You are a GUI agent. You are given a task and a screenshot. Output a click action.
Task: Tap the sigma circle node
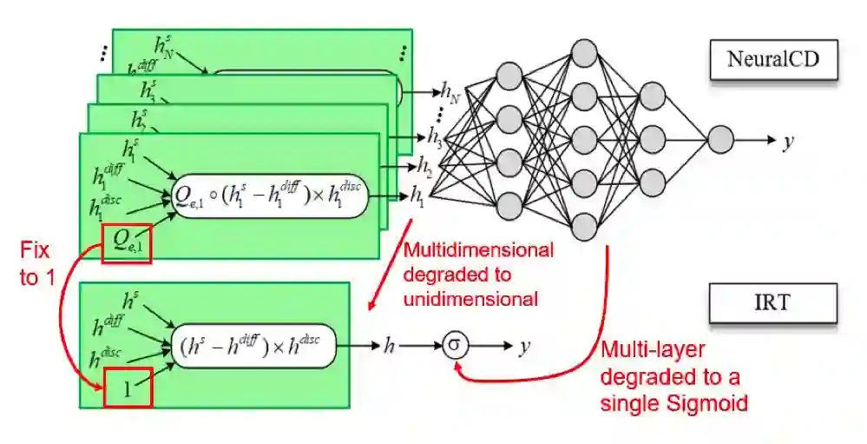(x=455, y=346)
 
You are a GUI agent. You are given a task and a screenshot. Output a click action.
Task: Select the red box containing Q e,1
(x=127, y=243)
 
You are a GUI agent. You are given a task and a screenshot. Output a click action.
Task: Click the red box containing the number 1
(x=127, y=388)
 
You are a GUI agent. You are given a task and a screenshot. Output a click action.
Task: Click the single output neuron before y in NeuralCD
(x=719, y=139)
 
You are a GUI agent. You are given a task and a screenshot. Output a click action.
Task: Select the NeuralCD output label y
(x=788, y=140)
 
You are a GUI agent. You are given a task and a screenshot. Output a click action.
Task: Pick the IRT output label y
(x=524, y=347)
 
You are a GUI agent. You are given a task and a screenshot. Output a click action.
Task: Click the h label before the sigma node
(x=390, y=346)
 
